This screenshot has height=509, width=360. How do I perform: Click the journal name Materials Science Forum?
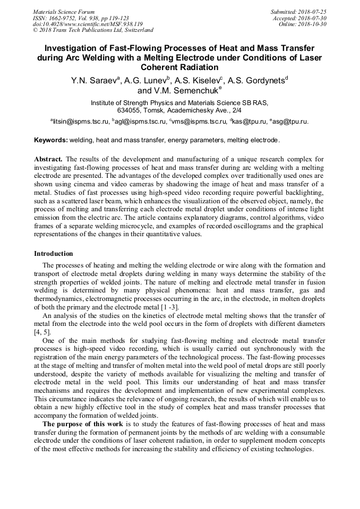(x=64, y=11)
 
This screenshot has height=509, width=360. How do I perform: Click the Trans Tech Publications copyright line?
(x=93, y=30)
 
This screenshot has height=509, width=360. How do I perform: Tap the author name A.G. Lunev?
(x=147, y=81)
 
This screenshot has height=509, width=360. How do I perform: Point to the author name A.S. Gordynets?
(x=257, y=81)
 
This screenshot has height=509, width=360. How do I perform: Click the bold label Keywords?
(x=51, y=140)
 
